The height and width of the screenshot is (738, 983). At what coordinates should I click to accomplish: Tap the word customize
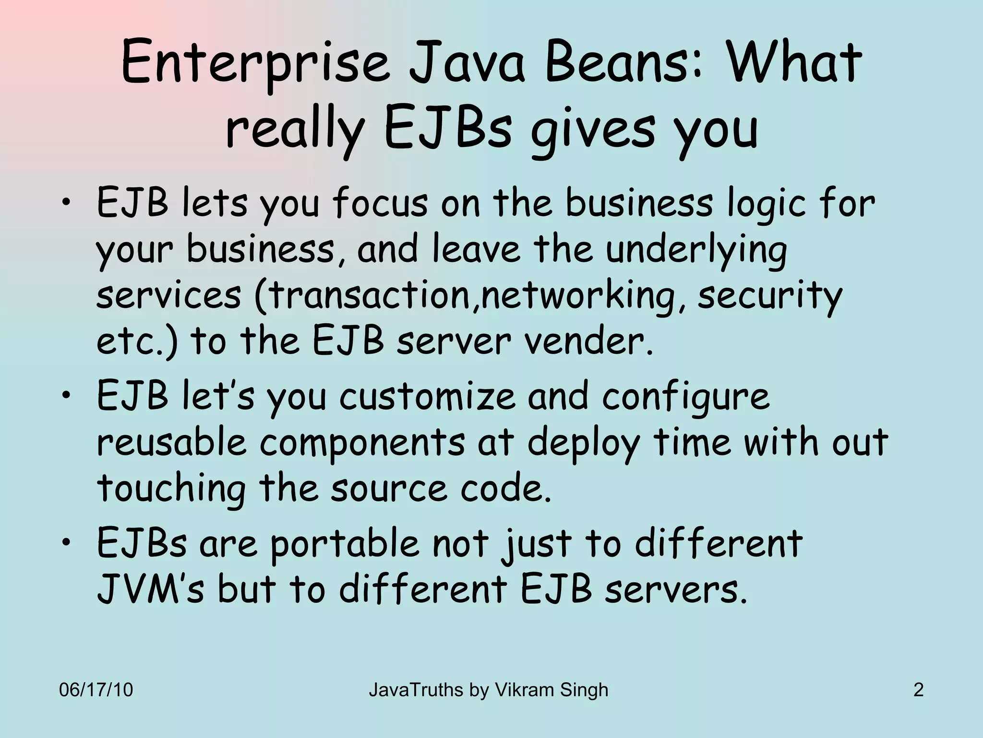pyautogui.click(x=427, y=397)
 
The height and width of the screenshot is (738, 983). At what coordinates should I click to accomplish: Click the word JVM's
pyautogui.click(x=151, y=590)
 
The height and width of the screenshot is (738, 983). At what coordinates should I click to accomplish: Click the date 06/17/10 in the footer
pyautogui.click(x=96, y=690)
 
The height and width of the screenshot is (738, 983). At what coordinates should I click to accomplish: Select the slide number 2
pyautogui.click(x=918, y=690)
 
